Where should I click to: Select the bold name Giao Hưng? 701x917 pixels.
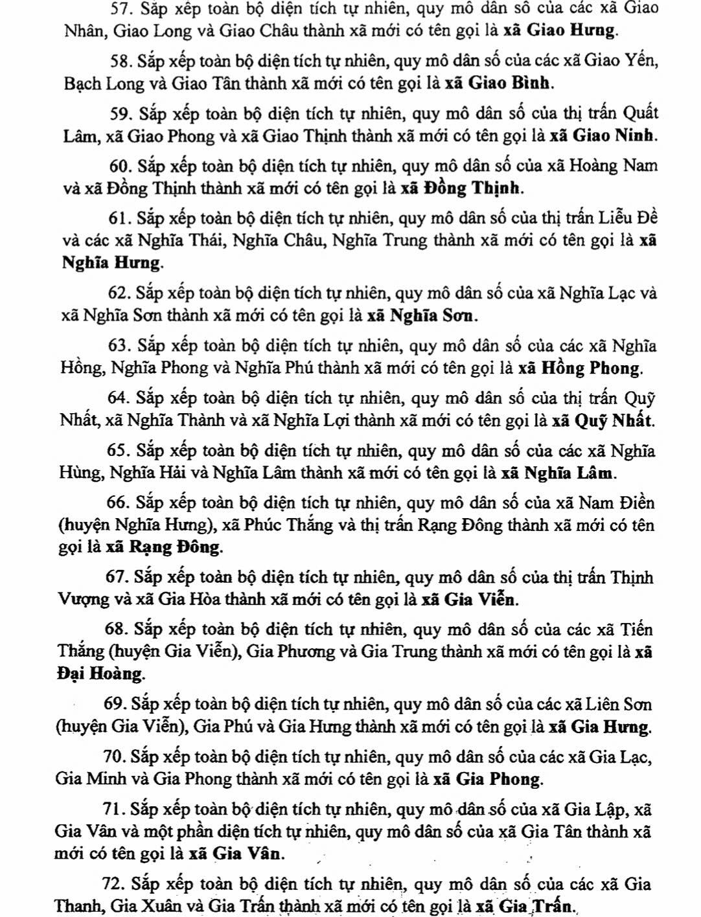572,30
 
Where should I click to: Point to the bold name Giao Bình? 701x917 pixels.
509,83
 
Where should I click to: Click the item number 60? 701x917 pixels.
119,166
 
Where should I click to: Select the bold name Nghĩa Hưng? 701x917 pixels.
111,263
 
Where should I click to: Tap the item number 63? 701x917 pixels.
118,346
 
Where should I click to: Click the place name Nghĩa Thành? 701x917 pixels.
166,421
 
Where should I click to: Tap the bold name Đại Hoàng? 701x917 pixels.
99,674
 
